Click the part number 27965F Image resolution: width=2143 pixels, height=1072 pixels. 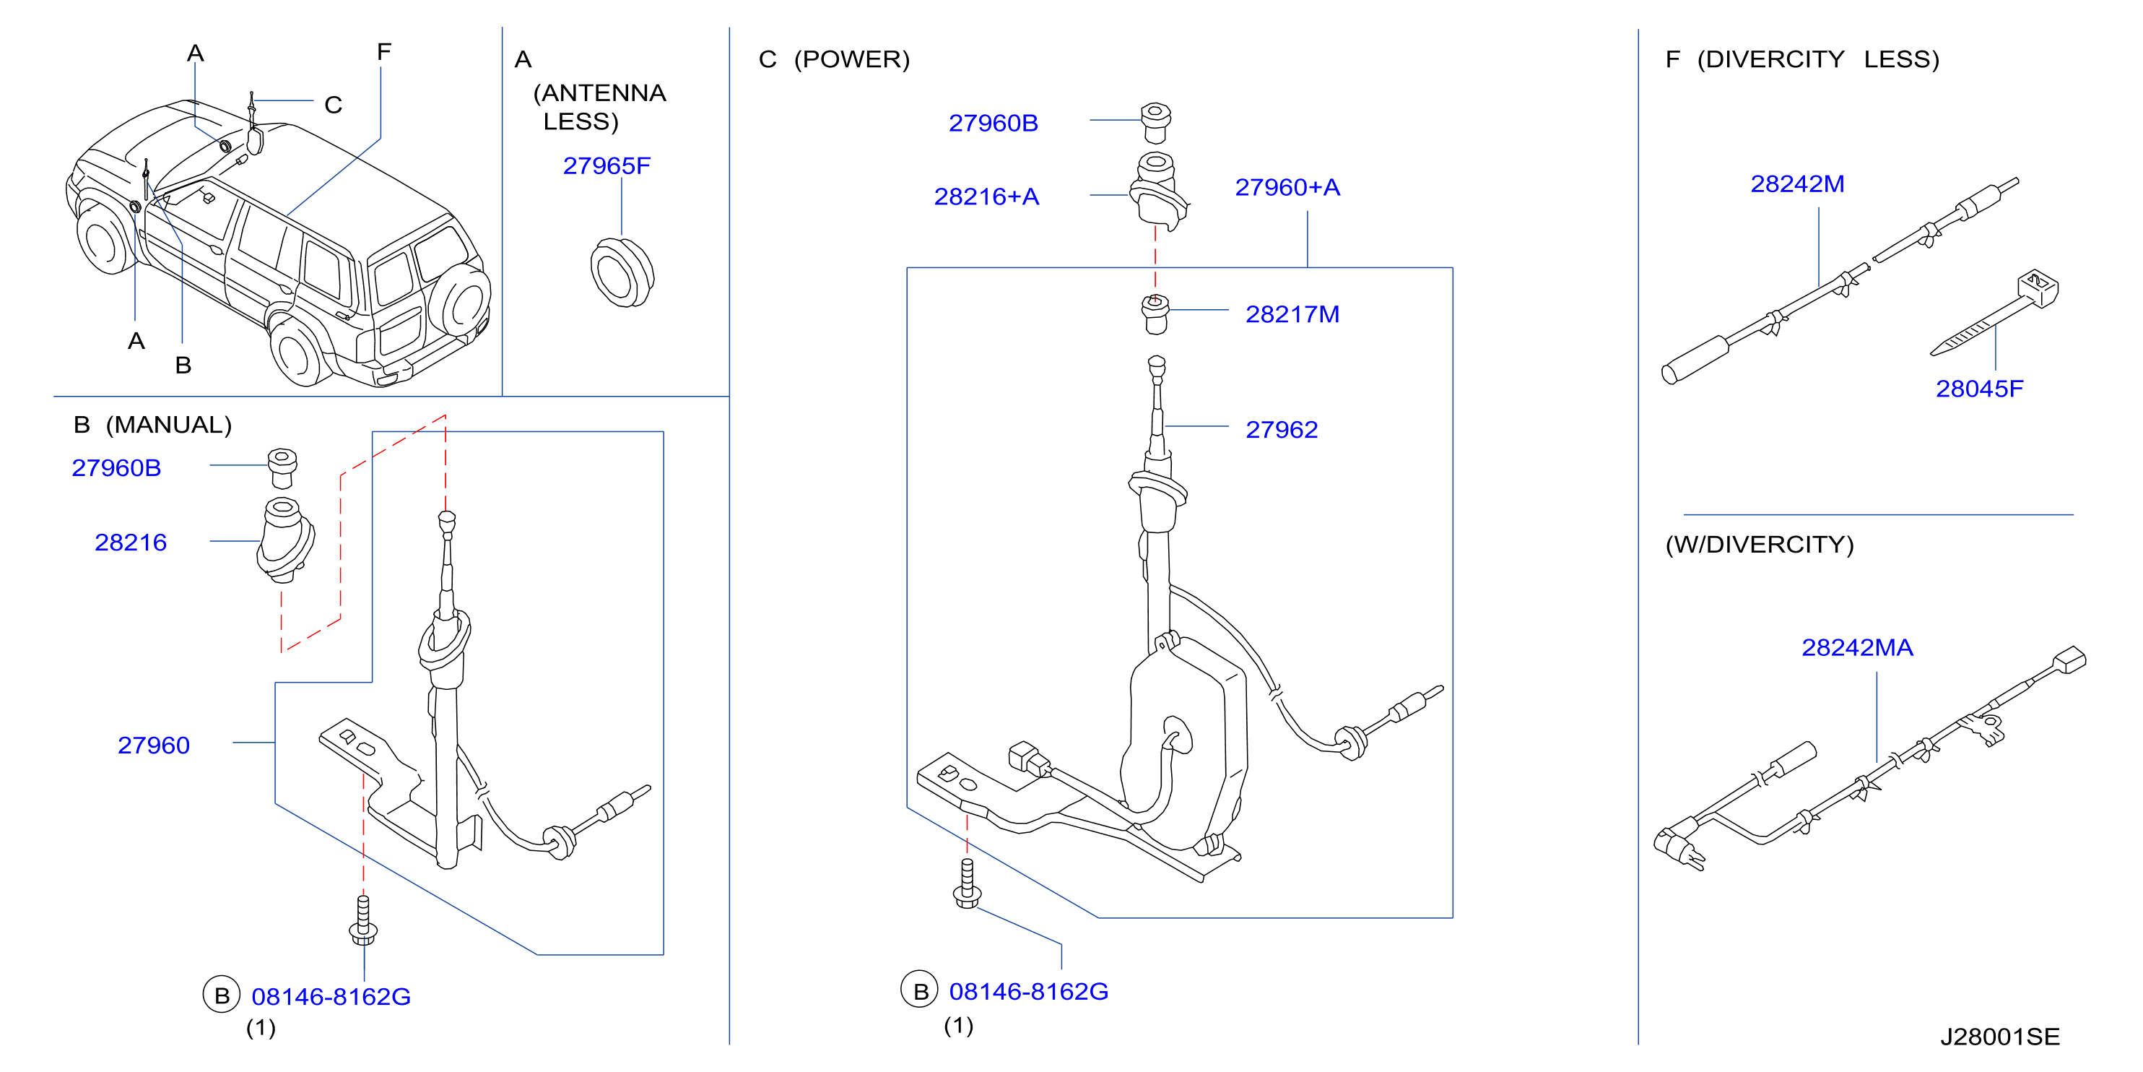[607, 165]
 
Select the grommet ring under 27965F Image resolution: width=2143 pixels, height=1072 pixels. [622, 272]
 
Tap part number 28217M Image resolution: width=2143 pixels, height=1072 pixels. [1292, 315]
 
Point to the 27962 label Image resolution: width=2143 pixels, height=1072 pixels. [1281, 430]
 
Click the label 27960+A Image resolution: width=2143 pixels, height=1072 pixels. [1287, 187]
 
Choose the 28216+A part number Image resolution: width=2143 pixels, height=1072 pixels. [986, 196]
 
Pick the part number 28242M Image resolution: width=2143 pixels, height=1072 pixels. [1797, 184]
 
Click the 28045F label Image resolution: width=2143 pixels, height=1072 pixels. [1979, 389]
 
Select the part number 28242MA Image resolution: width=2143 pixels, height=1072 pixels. [1857, 647]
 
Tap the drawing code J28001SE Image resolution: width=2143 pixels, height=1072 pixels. [2000, 1037]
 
